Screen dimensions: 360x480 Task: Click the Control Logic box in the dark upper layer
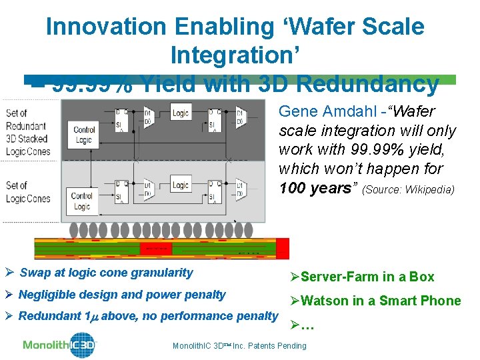tap(84, 135)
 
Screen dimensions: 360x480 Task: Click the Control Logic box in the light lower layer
tap(82, 201)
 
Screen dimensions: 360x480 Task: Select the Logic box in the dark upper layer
tap(181, 113)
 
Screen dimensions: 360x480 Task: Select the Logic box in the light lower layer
tap(180, 185)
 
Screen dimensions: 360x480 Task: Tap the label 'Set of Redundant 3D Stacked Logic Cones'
tap(26, 132)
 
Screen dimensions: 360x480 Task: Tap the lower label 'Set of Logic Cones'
tap(27, 192)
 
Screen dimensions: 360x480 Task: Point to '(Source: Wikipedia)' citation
tap(408, 190)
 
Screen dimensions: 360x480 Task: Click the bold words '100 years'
tap(317, 188)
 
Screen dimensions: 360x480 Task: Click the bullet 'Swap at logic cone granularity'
tap(106, 272)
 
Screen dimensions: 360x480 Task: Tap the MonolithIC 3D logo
tap(60, 345)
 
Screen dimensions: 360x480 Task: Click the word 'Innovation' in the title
tap(107, 27)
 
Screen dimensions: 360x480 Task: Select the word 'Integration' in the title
tap(238, 55)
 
